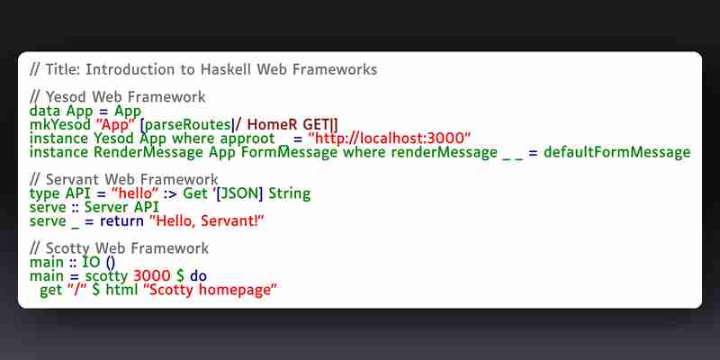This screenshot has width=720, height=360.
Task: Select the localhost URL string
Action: pyautogui.click(x=390, y=139)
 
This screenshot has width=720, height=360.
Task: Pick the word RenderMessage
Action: pyautogui.click(x=148, y=152)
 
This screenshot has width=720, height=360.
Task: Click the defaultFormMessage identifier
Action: pyautogui.click(x=617, y=152)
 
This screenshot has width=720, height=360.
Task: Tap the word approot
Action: pyautogui.click(x=247, y=139)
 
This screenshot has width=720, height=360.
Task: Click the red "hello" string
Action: pyautogui.click(x=131, y=193)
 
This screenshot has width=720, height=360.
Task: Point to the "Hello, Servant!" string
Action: pyautogui.click(x=208, y=220)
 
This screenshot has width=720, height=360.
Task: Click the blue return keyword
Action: pyautogui.click(x=121, y=220)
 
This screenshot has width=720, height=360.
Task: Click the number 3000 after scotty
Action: pyautogui.click(x=148, y=276)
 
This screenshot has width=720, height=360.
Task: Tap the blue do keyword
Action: pyautogui.click(x=198, y=276)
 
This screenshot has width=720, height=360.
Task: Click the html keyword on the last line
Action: pyautogui.click(x=121, y=290)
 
